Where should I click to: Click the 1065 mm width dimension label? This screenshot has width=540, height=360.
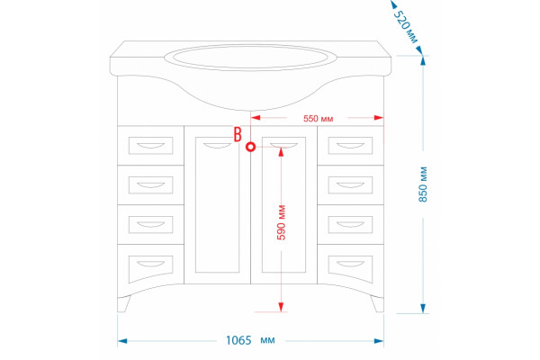coord(250,340)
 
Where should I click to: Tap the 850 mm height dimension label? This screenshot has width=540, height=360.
coord(423,184)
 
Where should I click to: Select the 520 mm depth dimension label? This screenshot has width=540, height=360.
coord(406,27)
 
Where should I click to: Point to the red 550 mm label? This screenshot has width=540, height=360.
coord(319,119)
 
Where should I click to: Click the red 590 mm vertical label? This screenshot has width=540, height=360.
coord(282,222)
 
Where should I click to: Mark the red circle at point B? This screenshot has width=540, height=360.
coord(251,147)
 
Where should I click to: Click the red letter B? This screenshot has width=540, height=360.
coord(238,134)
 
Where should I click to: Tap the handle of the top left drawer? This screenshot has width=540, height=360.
coord(151,146)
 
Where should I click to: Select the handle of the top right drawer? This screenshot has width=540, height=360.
coord(350,146)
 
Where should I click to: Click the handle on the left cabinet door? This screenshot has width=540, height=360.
coord(217,146)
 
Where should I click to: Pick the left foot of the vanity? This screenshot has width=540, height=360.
coord(124,304)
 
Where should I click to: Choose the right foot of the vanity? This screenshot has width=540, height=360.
coord(377,304)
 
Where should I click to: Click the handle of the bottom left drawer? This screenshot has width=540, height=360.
coord(151,265)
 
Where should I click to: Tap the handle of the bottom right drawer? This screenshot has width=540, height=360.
coord(350,265)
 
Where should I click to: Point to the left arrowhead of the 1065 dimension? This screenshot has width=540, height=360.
coord(122,341)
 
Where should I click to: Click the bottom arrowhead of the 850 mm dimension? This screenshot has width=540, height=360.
coord(423,309)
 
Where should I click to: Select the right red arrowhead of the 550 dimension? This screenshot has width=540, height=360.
coord(379,118)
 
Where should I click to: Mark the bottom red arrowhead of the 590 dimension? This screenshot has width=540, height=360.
coord(281,307)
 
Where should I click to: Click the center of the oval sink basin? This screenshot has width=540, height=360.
coord(250,58)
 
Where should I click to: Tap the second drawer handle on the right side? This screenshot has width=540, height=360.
coord(350,185)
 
